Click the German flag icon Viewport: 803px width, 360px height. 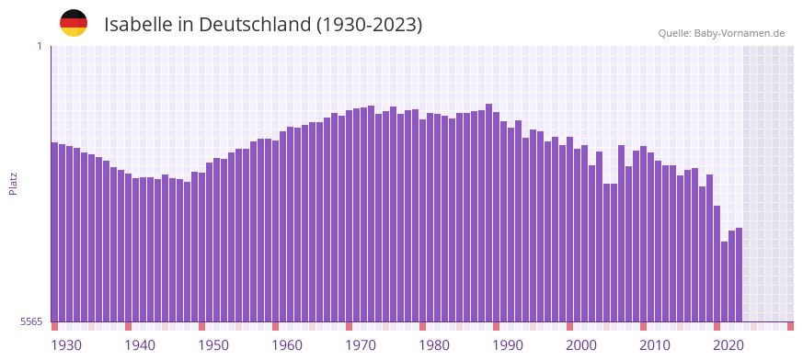coord(74,24)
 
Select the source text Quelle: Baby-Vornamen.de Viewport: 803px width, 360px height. coord(721,33)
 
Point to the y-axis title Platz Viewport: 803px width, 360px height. coord(13,183)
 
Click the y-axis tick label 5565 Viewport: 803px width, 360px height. coord(31,321)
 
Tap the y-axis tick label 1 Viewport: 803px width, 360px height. coord(40,46)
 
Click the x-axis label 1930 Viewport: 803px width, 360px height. coord(66,345)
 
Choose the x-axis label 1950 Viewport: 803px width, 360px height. coord(213,345)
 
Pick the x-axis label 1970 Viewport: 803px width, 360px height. coord(361,345)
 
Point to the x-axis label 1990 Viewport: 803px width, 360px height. coord(508,345)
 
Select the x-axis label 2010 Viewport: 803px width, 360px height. coord(655,345)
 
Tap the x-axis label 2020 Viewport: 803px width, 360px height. coord(728,345)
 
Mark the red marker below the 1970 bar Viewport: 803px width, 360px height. coord(350,326)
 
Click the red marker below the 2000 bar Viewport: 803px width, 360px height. coord(570,326)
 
